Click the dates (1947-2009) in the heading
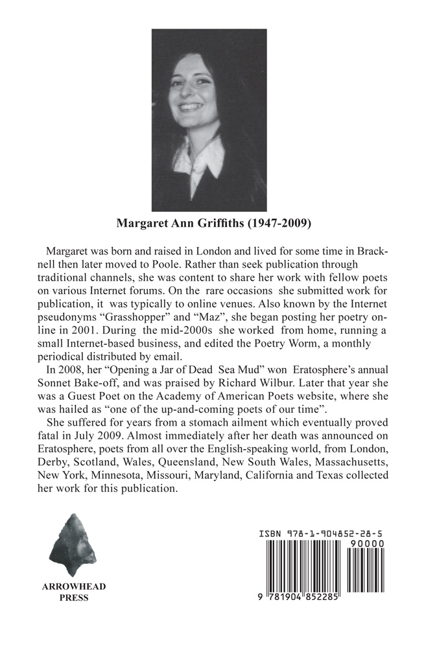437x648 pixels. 283,225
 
